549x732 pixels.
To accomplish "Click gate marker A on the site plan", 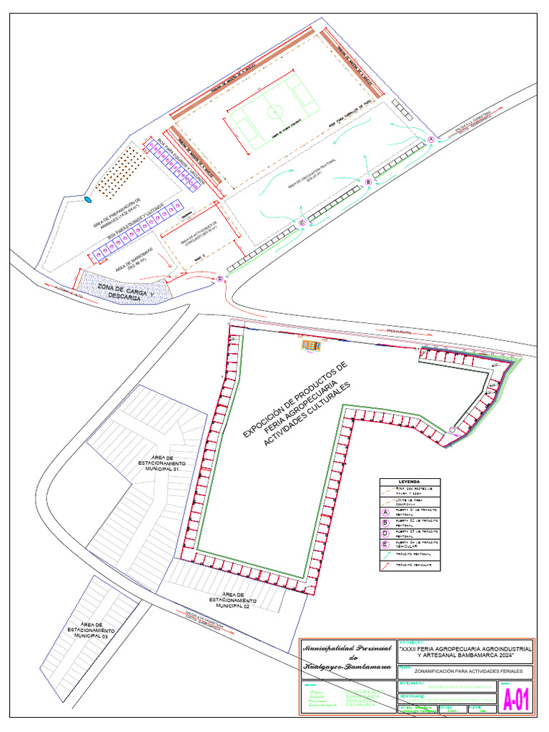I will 431,139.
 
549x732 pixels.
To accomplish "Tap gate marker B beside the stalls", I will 368,182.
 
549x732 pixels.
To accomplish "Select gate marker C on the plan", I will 302,223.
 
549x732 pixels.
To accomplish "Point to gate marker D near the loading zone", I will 220,278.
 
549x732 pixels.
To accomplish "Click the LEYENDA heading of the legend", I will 409,481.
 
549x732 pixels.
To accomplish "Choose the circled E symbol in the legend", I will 385,543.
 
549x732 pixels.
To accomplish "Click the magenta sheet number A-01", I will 517,701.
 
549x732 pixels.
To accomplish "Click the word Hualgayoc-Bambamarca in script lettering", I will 346,667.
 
